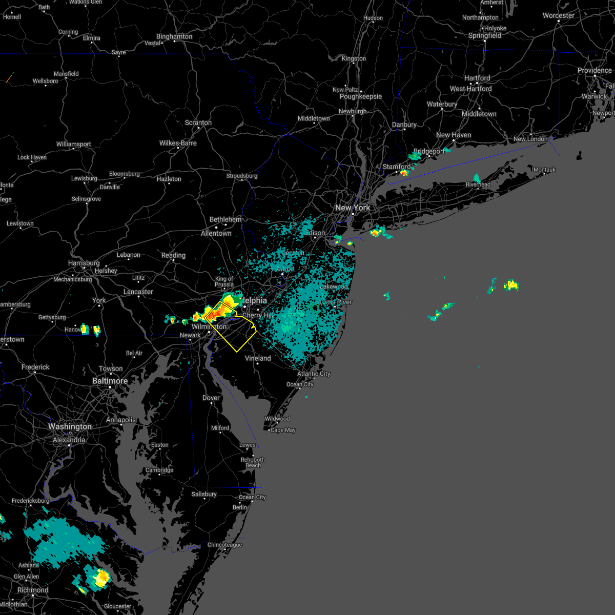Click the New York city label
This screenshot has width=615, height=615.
pyautogui.click(x=353, y=208)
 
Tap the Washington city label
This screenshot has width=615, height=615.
pyautogui.click(x=70, y=426)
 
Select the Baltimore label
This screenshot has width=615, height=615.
pyautogui.click(x=110, y=381)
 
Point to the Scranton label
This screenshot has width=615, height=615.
pyautogui.click(x=198, y=122)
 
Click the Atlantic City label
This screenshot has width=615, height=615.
pyautogui.click(x=314, y=374)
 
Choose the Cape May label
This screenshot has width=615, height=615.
pyautogui.click(x=283, y=430)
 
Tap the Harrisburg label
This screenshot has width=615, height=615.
pyautogui.click(x=84, y=263)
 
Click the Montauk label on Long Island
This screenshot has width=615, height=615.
pyautogui.click(x=544, y=170)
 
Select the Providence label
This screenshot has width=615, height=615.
pyautogui.click(x=594, y=70)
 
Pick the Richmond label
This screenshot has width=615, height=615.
pyautogui.click(x=33, y=590)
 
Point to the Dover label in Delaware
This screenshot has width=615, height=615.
pyautogui.click(x=211, y=398)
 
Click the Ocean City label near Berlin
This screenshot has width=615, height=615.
pyautogui.click(x=252, y=497)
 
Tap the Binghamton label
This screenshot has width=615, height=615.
pyautogui.click(x=174, y=36)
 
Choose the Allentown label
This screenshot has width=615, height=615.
pyautogui.click(x=216, y=233)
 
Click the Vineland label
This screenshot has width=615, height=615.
pyautogui.click(x=258, y=358)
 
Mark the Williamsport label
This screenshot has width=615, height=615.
pyautogui.click(x=74, y=144)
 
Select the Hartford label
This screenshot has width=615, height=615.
pyautogui.click(x=477, y=78)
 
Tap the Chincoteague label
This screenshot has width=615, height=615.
pyautogui.click(x=224, y=545)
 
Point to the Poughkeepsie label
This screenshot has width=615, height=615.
pyautogui.click(x=361, y=96)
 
